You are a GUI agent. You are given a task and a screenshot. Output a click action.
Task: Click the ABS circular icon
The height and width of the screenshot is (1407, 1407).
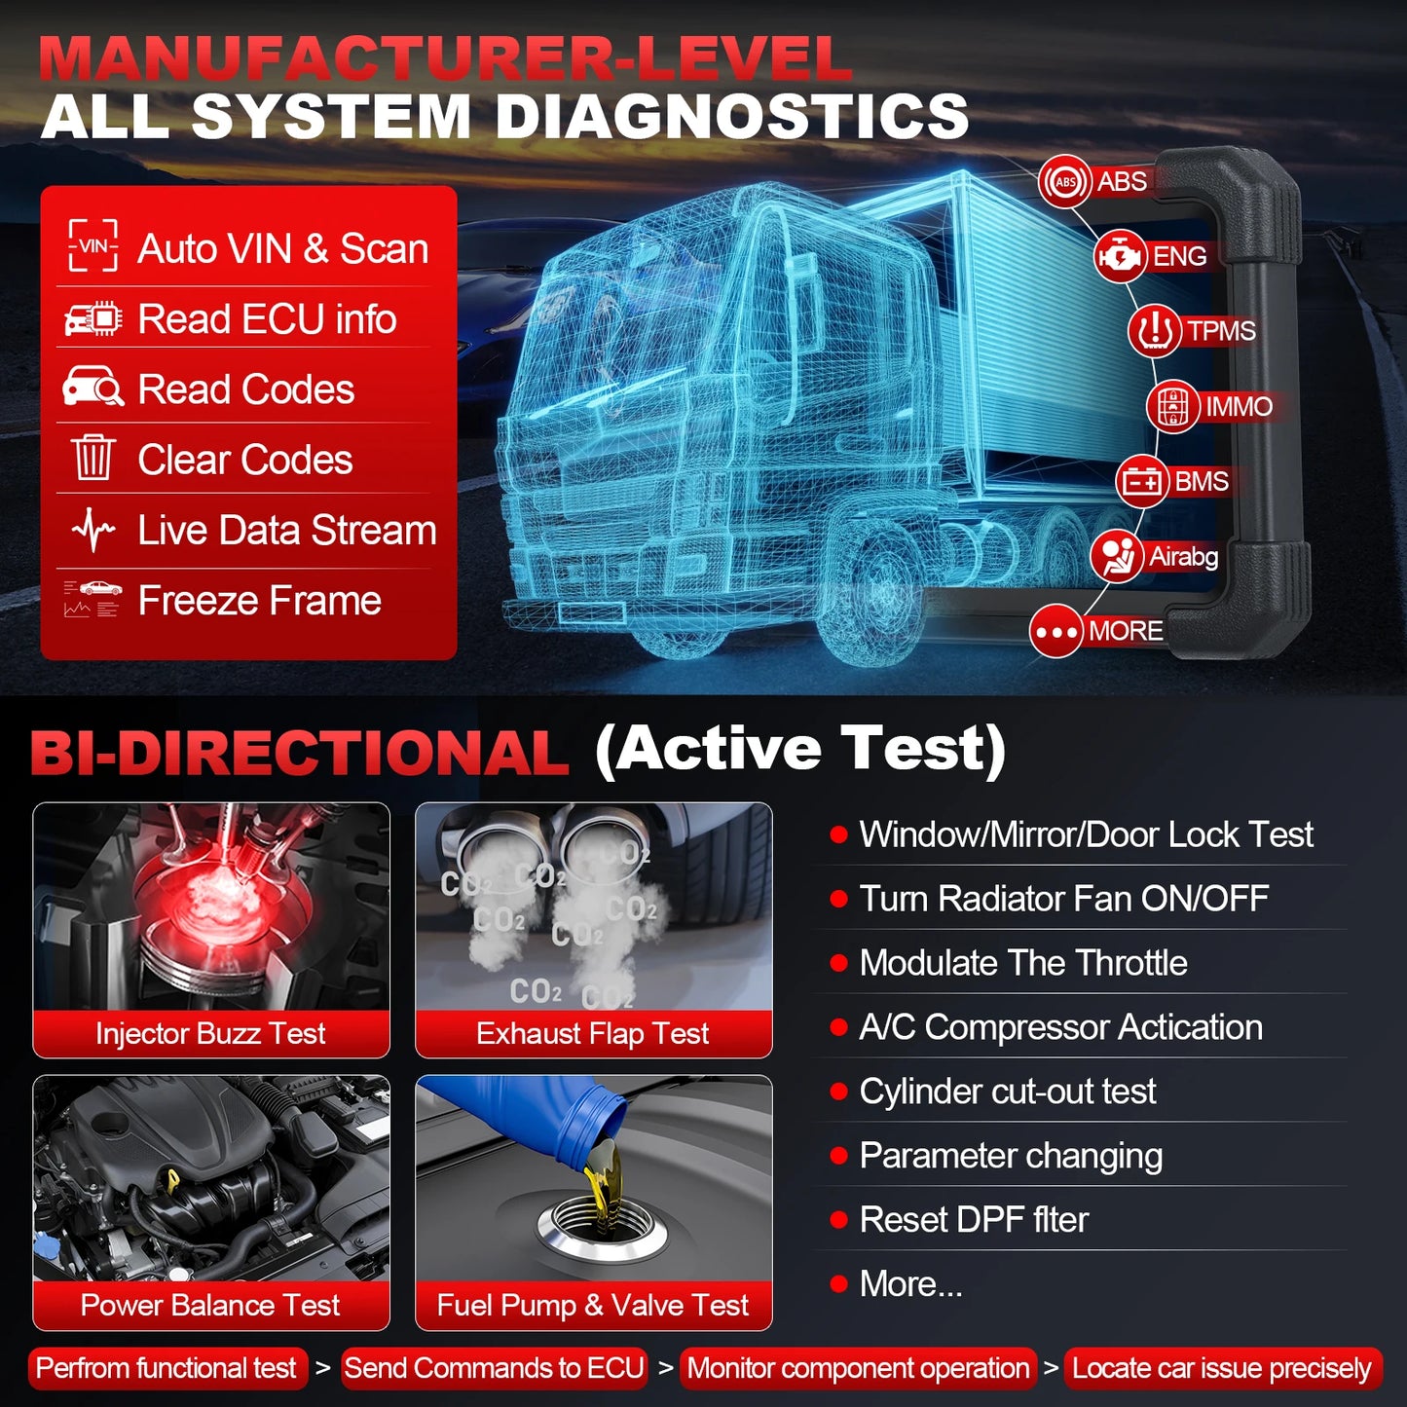[x=1065, y=181]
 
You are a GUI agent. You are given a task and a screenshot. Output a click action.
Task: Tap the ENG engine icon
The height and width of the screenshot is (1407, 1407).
[x=1120, y=256]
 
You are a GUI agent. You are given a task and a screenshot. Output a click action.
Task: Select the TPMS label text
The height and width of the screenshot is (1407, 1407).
[x=1221, y=331]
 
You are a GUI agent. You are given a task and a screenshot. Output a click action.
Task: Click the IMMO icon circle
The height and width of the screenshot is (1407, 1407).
[x=1172, y=406]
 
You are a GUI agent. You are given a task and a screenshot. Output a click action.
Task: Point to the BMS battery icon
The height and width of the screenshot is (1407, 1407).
[x=1142, y=481]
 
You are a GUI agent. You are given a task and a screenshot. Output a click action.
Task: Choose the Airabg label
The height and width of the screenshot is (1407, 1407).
[x=1183, y=556]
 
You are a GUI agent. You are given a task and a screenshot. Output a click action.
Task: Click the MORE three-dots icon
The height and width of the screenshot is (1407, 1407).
[x=1056, y=631]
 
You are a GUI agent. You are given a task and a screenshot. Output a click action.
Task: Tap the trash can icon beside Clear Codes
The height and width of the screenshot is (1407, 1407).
[x=93, y=459]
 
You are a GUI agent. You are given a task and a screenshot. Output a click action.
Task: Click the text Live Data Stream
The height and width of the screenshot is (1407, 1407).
[x=286, y=531]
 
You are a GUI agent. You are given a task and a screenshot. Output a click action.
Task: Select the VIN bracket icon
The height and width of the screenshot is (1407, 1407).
[x=93, y=246]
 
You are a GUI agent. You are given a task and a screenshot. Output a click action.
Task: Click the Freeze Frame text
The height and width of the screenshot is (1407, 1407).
[x=259, y=601]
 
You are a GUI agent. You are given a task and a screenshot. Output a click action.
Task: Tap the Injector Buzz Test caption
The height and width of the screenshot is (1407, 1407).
[x=210, y=1033]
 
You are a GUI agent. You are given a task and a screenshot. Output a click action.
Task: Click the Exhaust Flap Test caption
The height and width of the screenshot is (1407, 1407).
[x=593, y=1033]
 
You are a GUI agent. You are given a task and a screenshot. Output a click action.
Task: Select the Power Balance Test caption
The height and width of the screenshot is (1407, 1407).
[x=210, y=1305]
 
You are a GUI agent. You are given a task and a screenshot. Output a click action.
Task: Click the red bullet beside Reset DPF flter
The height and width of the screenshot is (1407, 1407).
[x=838, y=1220]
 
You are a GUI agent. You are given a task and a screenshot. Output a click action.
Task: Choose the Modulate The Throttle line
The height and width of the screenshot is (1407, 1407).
[x=1022, y=963]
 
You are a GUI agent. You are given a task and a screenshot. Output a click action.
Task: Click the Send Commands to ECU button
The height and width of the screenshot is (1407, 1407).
[x=494, y=1368]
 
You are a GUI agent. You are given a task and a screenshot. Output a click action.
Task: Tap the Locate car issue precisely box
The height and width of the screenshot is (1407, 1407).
[x=1222, y=1368]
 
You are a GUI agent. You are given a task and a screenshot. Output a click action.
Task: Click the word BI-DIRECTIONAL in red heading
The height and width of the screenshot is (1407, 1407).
[x=300, y=753]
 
